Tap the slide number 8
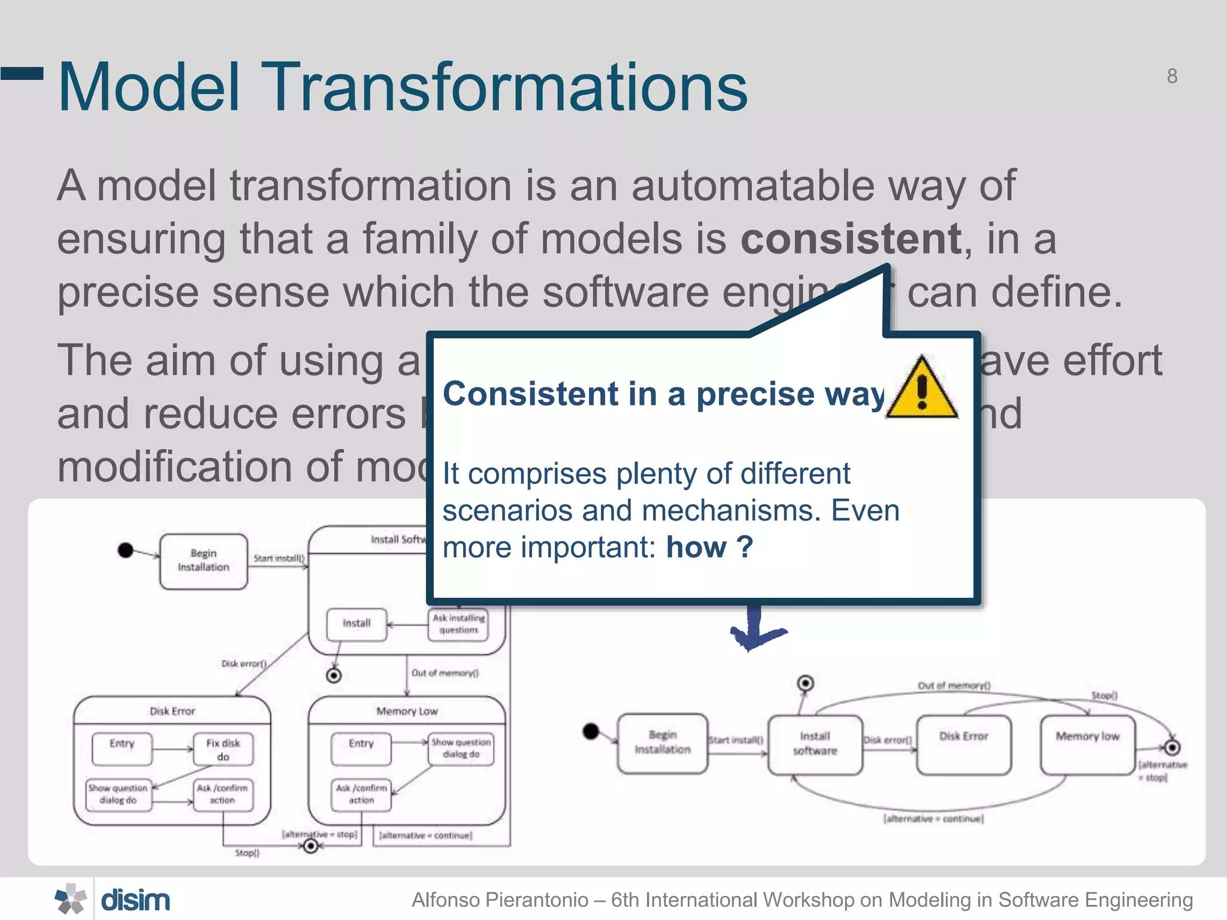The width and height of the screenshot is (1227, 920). click(1172, 77)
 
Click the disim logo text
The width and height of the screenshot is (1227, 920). click(135, 900)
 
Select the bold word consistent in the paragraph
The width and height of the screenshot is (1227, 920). click(851, 239)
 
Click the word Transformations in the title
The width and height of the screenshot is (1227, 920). click(503, 87)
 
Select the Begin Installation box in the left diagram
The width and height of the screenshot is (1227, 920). click(204, 561)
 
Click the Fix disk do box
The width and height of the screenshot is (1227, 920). click(223, 749)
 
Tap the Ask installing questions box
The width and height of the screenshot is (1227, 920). click(458, 624)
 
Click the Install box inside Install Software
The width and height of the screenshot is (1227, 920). click(356, 624)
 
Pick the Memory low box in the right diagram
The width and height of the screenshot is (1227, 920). click(1087, 744)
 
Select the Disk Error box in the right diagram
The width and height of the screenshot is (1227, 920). click(963, 744)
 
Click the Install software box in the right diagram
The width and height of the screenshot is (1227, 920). click(815, 744)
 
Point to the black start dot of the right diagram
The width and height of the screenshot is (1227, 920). click(591, 731)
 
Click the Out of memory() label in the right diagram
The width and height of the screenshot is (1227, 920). click(954, 685)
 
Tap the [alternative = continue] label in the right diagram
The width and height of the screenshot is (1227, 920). click(933, 819)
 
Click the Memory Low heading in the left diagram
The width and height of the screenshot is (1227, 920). click(407, 711)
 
